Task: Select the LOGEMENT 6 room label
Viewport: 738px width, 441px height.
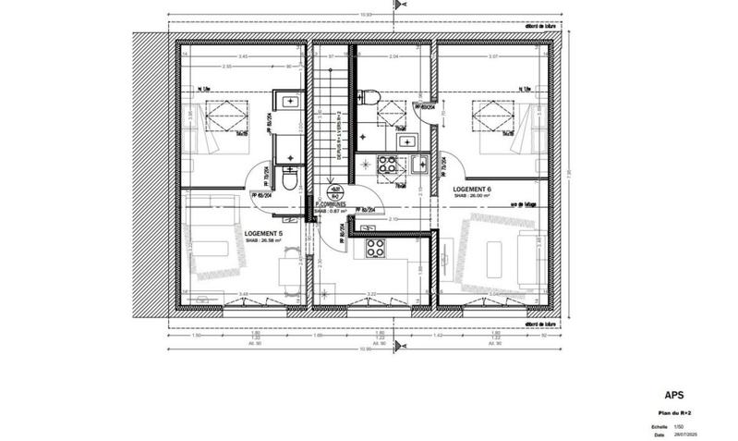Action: (471, 189)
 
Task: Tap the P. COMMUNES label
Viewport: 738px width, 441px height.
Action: (329, 205)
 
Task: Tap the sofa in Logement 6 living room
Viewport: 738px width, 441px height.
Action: (532, 253)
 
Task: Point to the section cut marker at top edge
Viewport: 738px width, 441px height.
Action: (397, 6)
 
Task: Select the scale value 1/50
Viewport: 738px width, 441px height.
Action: (677, 425)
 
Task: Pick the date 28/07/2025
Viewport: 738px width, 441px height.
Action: (684, 433)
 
